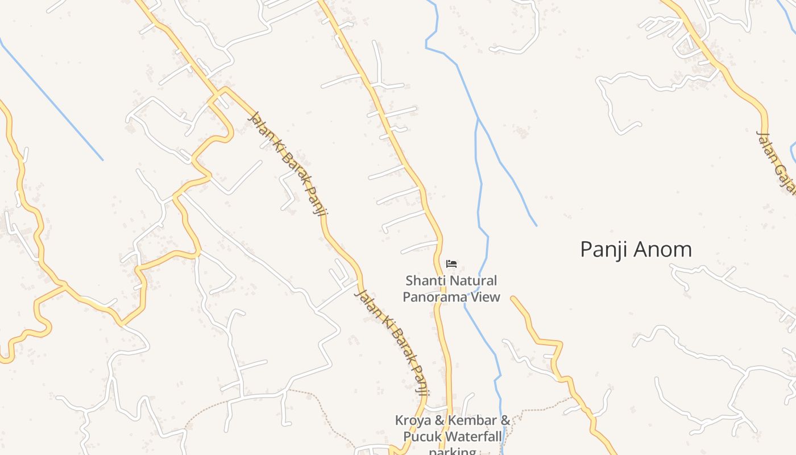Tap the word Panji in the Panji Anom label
click(604, 250)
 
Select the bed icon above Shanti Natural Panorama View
click(451, 264)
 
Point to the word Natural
click(474, 281)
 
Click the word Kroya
click(413, 421)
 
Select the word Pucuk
click(422, 437)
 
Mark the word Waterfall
click(474, 437)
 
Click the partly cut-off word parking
click(452, 451)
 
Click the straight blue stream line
click(51, 100)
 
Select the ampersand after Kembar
click(504, 421)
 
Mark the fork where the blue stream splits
click(478, 120)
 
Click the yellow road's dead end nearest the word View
click(513, 298)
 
